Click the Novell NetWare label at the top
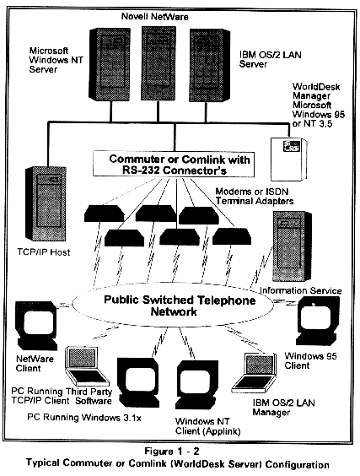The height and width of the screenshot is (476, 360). pyautogui.click(x=154, y=16)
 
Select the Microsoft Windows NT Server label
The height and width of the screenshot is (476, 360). pyautogui.click(x=56, y=60)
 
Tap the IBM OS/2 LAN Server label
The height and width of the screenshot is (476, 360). pyautogui.click(x=270, y=59)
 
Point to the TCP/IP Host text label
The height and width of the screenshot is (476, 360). pyautogui.click(x=44, y=252)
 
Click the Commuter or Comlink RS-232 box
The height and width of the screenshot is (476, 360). pyautogui.click(x=174, y=164)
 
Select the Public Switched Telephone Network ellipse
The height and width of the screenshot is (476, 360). pyautogui.click(x=173, y=306)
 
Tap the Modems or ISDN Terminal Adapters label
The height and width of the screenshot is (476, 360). pyautogui.click(x=254, y=196)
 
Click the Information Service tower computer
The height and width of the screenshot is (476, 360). pyautogui.click(x=292, y=247)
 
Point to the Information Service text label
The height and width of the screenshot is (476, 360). pyautogui.click(x=300, y=290)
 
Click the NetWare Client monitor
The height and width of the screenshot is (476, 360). pyautogui.click(x=37, y=325)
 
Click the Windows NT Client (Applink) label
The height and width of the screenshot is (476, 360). pyautogui.click(x=207, y=426)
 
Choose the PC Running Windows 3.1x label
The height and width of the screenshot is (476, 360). pyautogui.click(x=84, y=418)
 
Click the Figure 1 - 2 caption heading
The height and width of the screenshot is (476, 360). pyautogui.click(x=172, y=452)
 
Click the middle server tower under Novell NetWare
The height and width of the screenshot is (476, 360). pyautogui.click(x=159, y=63)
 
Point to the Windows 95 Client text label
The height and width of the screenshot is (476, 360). pyautogui.click(x=310, y=360)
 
